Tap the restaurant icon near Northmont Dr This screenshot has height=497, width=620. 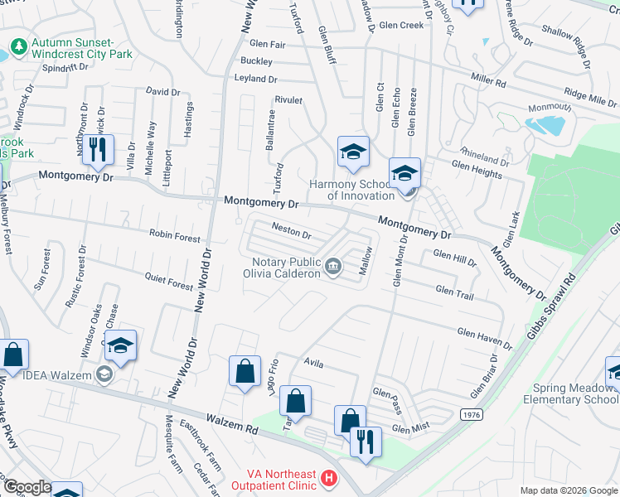(98, 150)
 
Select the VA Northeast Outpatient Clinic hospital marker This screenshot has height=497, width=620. (329, 478)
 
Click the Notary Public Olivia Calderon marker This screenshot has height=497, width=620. (332, 266)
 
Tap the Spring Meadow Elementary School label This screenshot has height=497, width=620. (571, 393)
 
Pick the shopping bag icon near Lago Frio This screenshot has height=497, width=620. (245, 373)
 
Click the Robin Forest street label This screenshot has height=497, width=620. (175, 236)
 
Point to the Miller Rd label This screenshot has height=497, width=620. (488, 82)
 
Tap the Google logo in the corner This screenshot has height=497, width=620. (27, 488)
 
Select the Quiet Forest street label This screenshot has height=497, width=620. (169, 281)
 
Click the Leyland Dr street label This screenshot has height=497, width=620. (257, 79)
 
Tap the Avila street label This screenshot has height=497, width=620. (312, 363)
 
